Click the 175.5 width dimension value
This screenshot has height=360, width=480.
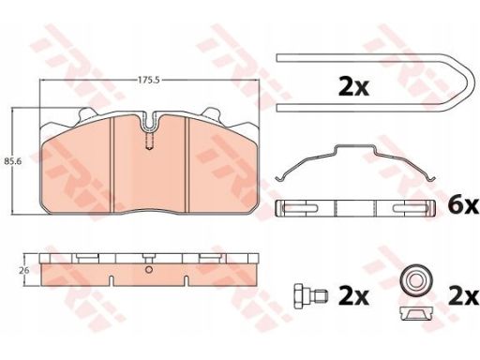[149, 80]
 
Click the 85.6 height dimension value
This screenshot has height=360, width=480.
[12, 162]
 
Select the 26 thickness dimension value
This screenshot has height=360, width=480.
[24, 270]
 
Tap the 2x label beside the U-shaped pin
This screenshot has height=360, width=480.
[353, 87]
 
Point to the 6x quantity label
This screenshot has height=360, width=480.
[463, 205]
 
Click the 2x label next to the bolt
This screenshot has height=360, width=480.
[353, 296]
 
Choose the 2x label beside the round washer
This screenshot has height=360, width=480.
[463, 296]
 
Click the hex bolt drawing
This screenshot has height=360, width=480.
[310, 295]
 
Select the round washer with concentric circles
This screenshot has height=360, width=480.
[417, 279]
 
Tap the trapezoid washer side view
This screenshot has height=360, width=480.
[417, 313]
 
